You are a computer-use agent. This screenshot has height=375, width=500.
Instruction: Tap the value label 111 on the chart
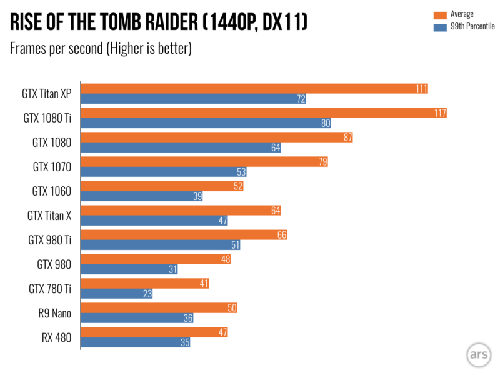(421, 89)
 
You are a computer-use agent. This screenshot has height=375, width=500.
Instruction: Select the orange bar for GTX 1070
(204, 162)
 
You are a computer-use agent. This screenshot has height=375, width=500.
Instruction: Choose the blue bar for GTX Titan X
(154, 221)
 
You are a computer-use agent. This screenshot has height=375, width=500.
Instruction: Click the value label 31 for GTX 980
(171, 269)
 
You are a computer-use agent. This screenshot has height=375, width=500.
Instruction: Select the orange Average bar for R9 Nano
(159, 308)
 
